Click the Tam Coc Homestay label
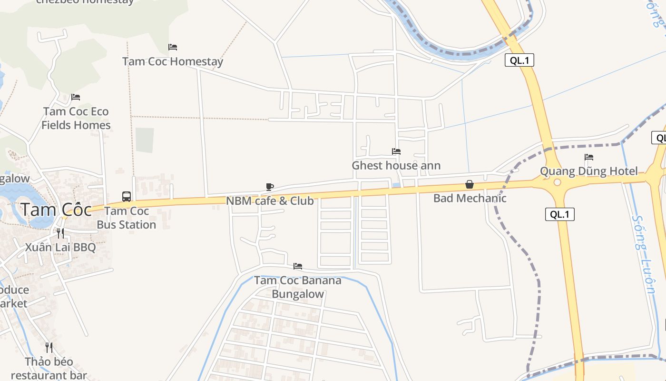pos(172,61)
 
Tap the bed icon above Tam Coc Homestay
pos(173,47)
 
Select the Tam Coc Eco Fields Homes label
pos(76,118)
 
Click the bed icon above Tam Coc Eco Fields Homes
pos(76,97)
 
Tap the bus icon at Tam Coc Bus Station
pos(127,196)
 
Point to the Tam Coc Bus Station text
pos(127,218)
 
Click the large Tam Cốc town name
pos(56,210)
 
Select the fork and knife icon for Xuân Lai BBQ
pos(60,233)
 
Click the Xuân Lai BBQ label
pos(60,247)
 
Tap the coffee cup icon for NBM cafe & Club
pos(270,187)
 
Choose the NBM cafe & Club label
pos(270,201)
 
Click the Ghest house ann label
pos(396,166)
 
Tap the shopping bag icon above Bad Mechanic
pos(470,184)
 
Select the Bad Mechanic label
pos(470,198)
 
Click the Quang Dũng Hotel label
pos(588,171)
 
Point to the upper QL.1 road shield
pos(519,60)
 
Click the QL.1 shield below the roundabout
pos(559,214)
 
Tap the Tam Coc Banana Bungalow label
pos(298,287)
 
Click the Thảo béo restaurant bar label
pos(49,368)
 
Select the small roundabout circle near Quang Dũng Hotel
pos(557,182)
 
